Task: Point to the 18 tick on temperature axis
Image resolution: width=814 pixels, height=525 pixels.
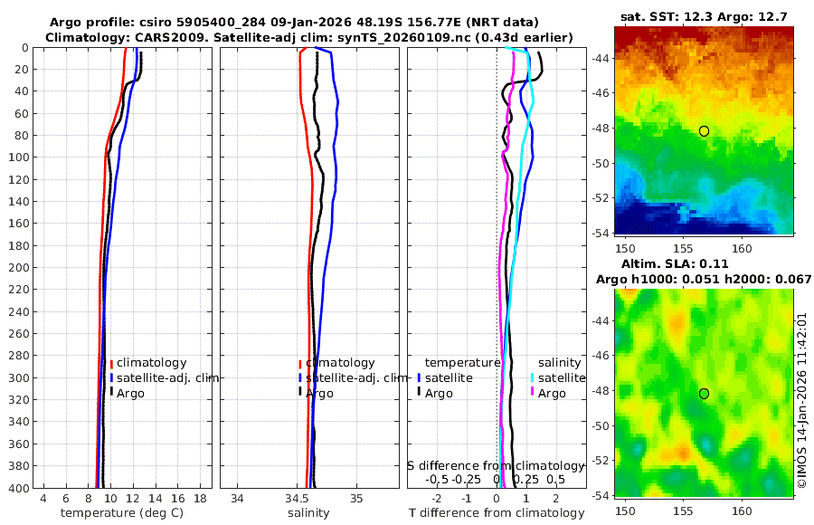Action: [x=199, y=498]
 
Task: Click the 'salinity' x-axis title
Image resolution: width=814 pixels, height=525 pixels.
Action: [x=308, y=513]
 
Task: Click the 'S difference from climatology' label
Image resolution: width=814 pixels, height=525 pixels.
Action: [x=496, y=465]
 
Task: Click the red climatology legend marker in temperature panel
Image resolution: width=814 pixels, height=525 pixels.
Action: [x=111, y=363]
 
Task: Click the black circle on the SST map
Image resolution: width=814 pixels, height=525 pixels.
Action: [x=704, y=131]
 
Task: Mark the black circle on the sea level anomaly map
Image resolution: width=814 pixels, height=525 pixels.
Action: [x=704, y=394]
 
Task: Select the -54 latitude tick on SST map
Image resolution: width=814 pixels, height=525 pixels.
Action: [x=599, y=232]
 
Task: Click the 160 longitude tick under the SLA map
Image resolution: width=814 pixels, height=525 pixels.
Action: [x=742, y=511]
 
